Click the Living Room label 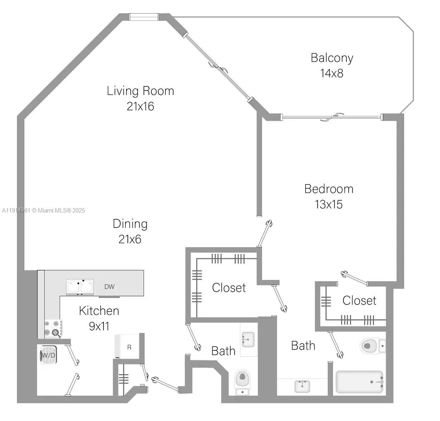pyautogui.click(x=140, y=91)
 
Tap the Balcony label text pyautogui.click(x=332, y=58)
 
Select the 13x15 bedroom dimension pyautogui.click(x=328, y=204)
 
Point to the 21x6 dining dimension pyautogui.click(x=130, y=239)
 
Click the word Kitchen pyautogui.click(x=99, y=311)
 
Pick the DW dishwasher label pyautogui.click(x=109, y=287)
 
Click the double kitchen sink pyautogui.click(x=80, y=287)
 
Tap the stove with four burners pyautogui.click(x=52, y=328)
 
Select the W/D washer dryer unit pyautogui.click(x=48, y=355)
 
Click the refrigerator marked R pyautogui.click(x=126, y=347)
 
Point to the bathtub pyautogui.click(x=360, y=382)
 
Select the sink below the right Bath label pyautogui.click(x=302, y=386)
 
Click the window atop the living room pyautogui.click(x=144, y=17)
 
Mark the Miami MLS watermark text pyautogui.click(x=43, y=210)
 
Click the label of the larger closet pyautogui.click(x=229, y=288)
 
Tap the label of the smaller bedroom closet pyautogui.click(x=359, y=300)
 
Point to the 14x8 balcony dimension pyautogui.click(x=332, y=73)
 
